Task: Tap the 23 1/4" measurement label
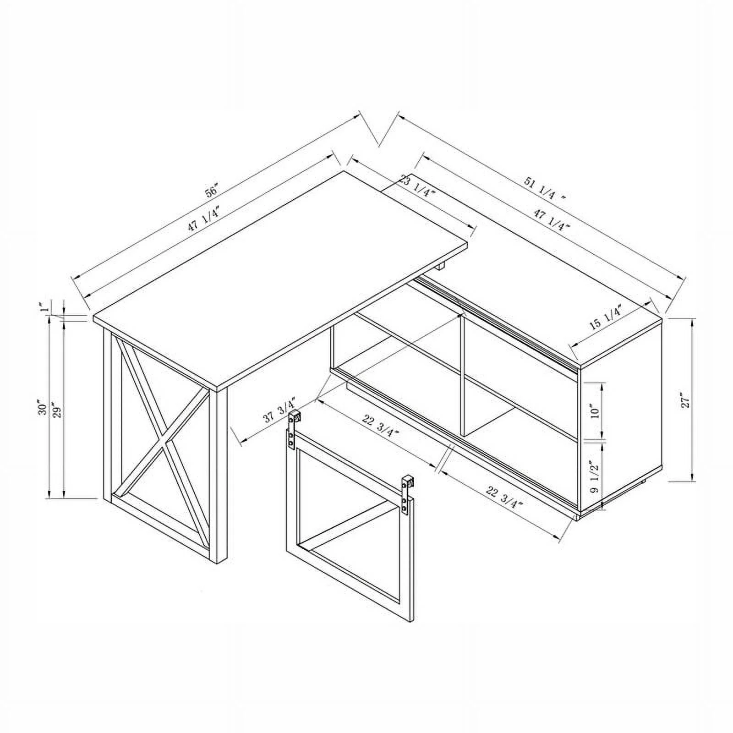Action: tap(417, 186)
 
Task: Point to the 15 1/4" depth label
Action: tap(605, 317)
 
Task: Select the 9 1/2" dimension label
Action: tap(595, 476)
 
